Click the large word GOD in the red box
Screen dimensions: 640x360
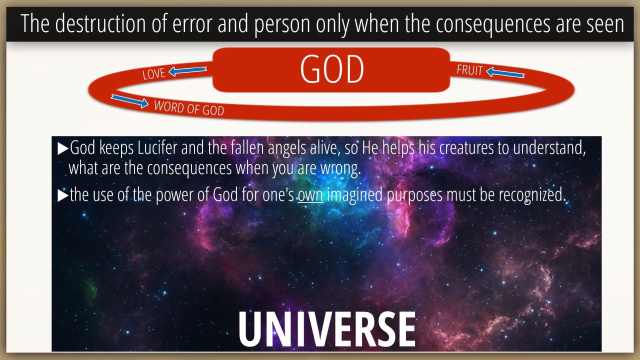(332, 69)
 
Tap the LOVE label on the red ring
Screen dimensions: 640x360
(154, 73)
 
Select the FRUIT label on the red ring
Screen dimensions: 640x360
(469, 70)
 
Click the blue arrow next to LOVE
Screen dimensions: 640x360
(187, 71)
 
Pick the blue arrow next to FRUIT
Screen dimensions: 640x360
(505, 72)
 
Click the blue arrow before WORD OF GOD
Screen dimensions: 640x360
(129, 101)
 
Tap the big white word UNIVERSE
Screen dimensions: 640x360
(327, 329)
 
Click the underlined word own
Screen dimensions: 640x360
(310, 195)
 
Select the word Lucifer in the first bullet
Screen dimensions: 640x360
(157, 147)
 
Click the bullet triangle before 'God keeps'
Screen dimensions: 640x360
(63, 149)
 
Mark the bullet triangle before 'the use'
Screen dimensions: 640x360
(63, 195)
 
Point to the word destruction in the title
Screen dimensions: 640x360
(100, 23)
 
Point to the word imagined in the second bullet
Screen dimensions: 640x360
(354, 195)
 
